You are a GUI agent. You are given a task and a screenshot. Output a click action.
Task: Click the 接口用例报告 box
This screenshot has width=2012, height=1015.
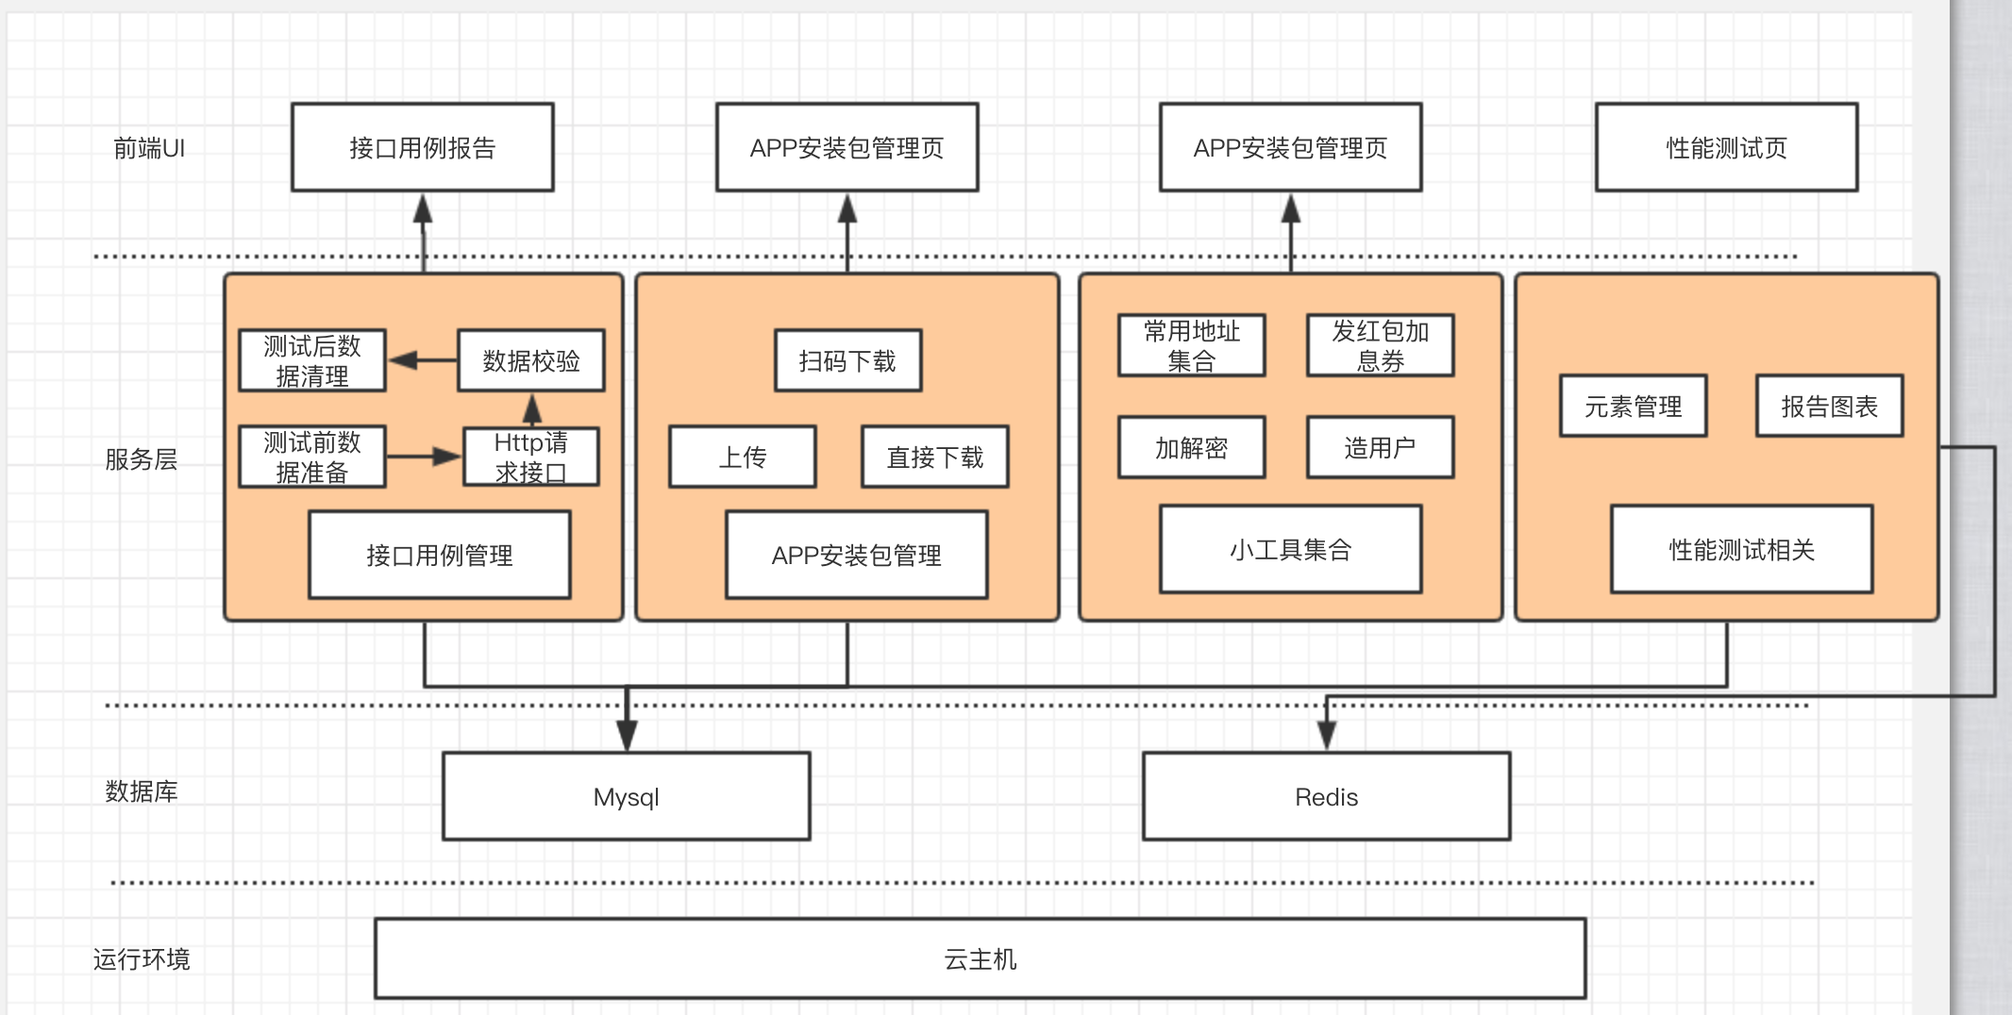[422, 147]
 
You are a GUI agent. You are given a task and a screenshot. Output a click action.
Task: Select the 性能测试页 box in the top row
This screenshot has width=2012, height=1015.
[1726, 147]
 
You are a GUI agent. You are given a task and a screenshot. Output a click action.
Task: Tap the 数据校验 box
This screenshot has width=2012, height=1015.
[530, 360]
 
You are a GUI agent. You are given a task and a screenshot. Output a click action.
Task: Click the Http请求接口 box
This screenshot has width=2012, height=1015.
[530, 457]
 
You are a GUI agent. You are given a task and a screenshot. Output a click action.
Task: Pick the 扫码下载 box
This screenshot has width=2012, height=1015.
[847, 360]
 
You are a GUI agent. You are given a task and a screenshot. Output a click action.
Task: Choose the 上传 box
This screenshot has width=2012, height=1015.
[742, 457]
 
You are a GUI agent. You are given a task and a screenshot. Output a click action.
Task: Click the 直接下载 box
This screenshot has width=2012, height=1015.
[934, 457]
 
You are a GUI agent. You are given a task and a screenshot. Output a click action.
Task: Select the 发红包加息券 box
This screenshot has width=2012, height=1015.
[1380, 345]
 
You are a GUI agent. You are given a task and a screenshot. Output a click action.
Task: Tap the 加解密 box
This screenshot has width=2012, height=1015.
[1191, 447]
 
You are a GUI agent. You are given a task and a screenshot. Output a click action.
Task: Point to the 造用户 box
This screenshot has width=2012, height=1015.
[1380, 447]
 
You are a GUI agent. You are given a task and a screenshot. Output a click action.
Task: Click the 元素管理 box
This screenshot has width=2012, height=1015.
[1633, 406]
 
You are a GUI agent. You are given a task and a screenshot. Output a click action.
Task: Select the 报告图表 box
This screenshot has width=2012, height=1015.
[1829, 406]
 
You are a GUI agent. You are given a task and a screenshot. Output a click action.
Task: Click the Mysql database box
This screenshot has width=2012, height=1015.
[626, 796]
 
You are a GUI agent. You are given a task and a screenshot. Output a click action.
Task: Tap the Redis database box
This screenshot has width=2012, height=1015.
[1326, 796]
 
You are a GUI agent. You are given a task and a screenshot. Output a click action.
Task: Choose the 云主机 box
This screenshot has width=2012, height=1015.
[980, 958]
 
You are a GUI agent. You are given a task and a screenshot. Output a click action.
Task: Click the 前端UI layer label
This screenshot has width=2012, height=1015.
[149, 148]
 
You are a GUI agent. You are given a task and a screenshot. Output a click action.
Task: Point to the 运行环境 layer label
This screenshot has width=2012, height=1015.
[142, 959]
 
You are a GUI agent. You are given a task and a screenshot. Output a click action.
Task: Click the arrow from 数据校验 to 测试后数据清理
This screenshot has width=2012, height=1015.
[422, 360]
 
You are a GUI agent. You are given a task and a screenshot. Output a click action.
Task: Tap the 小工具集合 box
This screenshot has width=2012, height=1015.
[1290, 549]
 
